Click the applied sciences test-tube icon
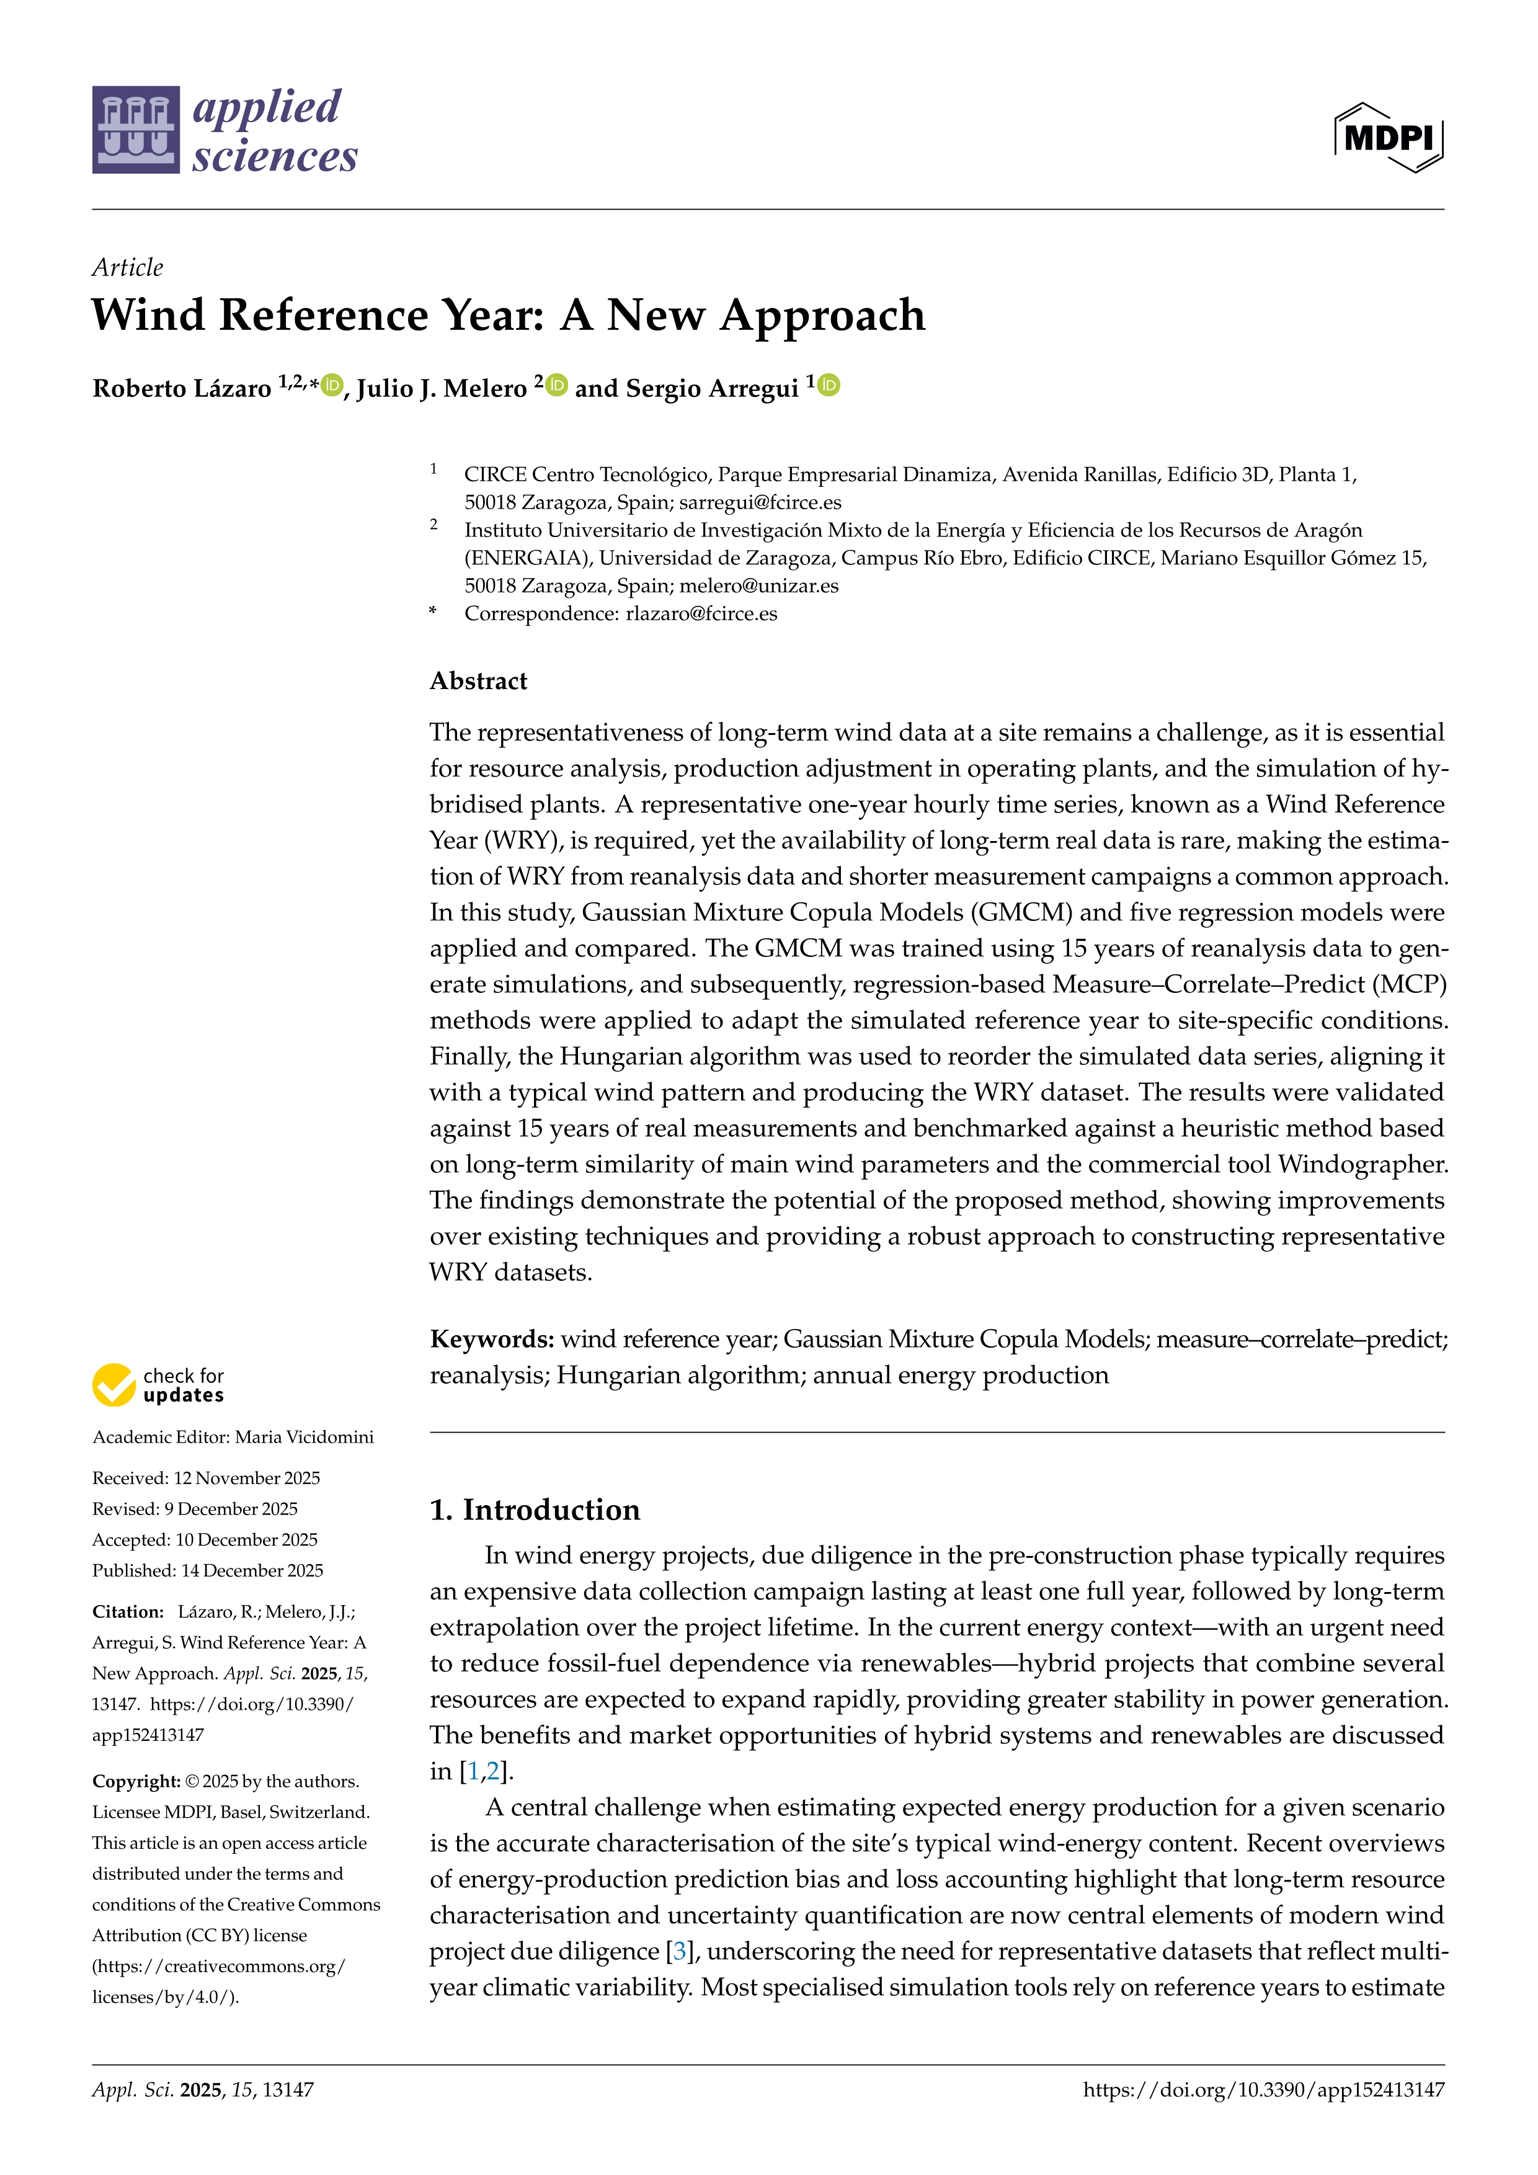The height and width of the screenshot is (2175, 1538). point(135,130)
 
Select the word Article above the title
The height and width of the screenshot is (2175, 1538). point(127,267)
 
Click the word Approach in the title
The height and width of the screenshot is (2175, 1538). point(822,316)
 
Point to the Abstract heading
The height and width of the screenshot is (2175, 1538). point(478,681)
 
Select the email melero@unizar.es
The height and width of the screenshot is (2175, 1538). point(758,586)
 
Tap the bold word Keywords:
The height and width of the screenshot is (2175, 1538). point(492,1338)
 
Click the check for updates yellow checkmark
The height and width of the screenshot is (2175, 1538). point(113,1385)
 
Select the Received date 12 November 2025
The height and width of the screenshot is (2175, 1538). point(247,1478)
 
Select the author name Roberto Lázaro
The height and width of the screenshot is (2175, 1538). point(182,388)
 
